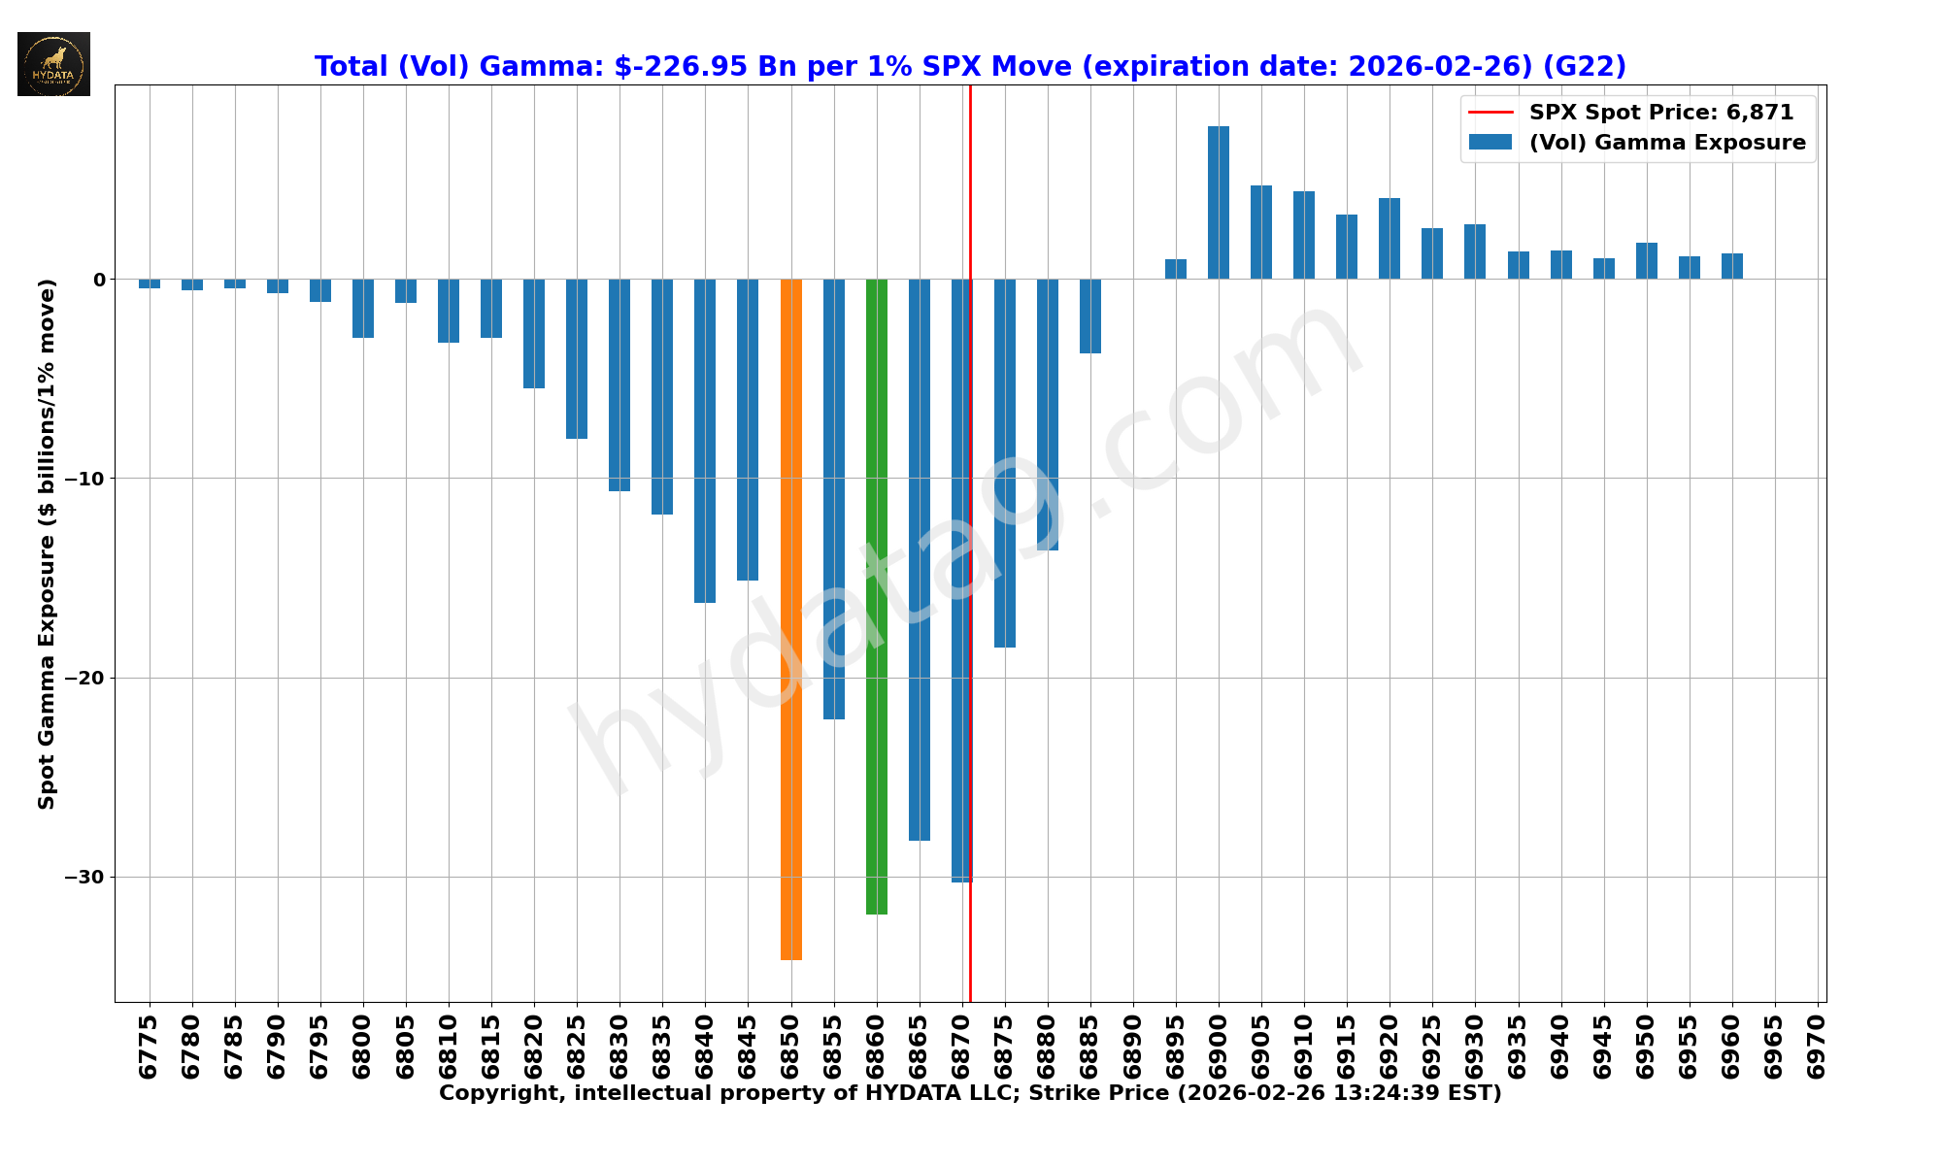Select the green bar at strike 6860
coord(877,596)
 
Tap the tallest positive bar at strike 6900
coord(1219,203)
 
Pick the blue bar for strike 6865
coord(920,559)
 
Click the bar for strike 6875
coord(1005,463)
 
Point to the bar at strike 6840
coord(705,441)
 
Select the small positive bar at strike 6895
coord(1176,269)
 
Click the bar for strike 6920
coord(1390,239)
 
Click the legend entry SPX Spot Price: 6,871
coord(1660,113)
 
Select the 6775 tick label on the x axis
coord(149,1047)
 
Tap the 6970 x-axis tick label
coord(1817,1047)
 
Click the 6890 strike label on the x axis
coord(1133,1047)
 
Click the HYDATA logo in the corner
coord(53,64)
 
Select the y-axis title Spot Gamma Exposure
coord(47,544)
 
